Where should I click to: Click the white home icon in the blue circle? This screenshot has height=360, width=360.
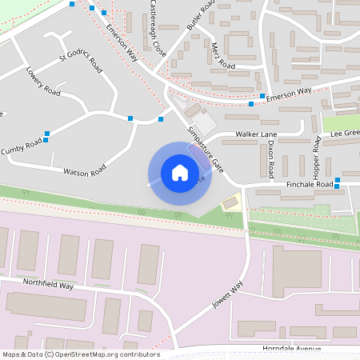click(179, 172)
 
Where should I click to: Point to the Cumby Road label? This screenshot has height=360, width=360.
click(21, 147)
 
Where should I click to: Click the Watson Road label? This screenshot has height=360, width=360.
click(85, 170)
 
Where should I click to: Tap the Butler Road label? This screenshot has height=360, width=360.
click(201, 15)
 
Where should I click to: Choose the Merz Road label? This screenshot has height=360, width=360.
click(223, 56)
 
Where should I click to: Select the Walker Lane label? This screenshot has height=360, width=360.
click(254, 134)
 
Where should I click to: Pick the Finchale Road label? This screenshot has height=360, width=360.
click(307, 185)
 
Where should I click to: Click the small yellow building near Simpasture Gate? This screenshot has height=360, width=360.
click(231, 202)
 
